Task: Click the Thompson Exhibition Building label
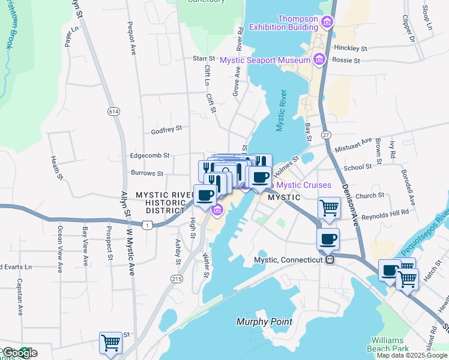tap(283, 23)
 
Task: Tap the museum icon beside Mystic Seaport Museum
tap(319, 59)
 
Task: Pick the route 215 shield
tap(176, 279)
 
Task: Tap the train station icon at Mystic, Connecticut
tap(330, 260)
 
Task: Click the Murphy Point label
tap(264, 322)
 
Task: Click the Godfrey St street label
tap(166, 128)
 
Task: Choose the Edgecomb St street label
tap(150, 155)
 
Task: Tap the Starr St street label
tap(203, 58)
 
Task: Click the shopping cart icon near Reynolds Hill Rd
tap(329, 208)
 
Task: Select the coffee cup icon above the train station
tap(328, 239)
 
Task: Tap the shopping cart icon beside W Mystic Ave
tap(110, 343)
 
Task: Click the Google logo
tap(19, 353)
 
